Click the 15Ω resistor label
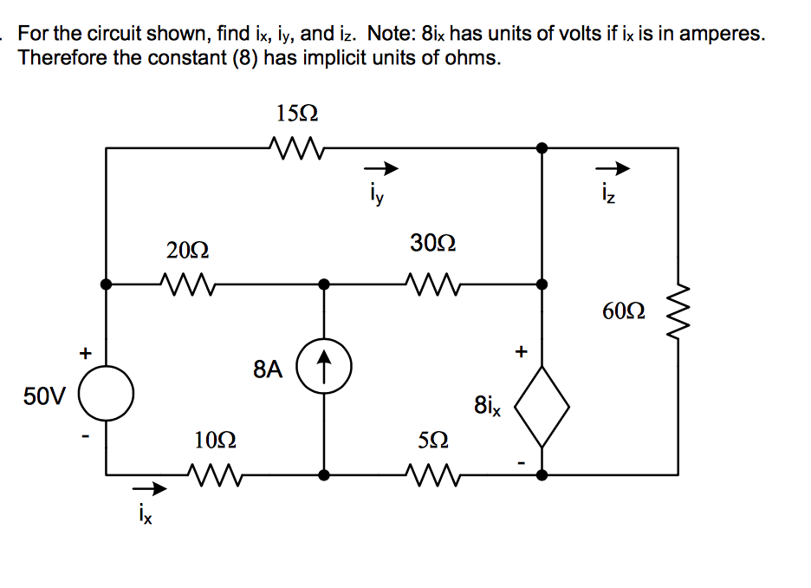click(297, 113)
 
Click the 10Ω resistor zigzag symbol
click(211, 474)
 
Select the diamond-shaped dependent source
click(542, 405)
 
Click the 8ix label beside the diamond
click(486, 406)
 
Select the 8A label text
click(269, 369)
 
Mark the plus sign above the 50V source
click(85, 352)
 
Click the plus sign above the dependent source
click(521, 352)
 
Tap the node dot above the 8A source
click(324, 284)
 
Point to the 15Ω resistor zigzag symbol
click(297, 148)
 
